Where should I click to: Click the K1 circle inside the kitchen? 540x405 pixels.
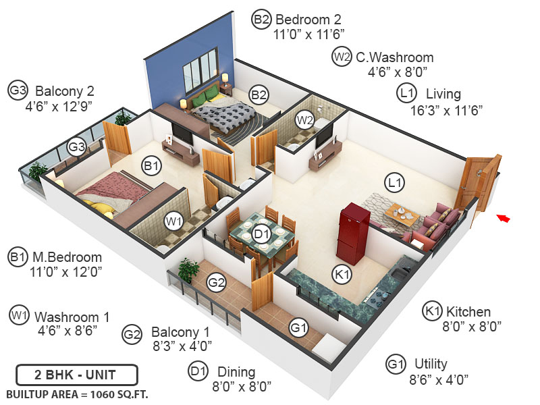(x=342, y=275)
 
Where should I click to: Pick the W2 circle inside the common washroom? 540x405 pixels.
(x=306, y=121)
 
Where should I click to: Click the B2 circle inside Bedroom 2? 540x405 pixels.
(x=259, y=94)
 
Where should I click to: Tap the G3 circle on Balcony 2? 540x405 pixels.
(x=76, y=145)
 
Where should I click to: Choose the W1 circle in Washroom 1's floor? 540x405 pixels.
(x=174, y=220)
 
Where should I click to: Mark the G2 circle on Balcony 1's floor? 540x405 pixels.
(x=216, y=283)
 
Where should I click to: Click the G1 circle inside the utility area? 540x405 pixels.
(x=298, y=328)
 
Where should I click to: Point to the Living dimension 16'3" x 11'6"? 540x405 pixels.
(x=446, y=110)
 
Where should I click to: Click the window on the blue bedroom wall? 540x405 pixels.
(x=200, y=71)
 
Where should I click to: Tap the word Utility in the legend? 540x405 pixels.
(x=431, y=364)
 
